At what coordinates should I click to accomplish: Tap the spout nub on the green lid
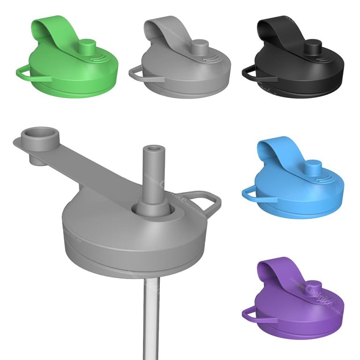coord(87,47)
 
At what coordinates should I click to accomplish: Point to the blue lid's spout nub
coord(313,167)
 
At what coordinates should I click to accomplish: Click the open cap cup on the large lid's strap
coord(39,141)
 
